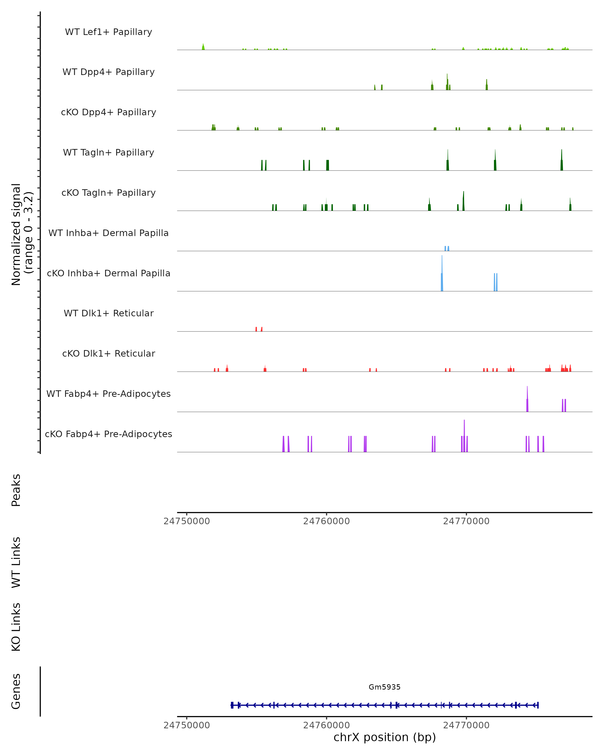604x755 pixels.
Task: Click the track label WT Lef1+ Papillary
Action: (x=108, y=32)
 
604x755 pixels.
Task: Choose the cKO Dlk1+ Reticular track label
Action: (x=108, y=353)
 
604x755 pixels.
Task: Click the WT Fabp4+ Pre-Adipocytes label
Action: (x=108, y=394)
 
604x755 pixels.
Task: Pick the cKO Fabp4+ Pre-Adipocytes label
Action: (x=108, y=434)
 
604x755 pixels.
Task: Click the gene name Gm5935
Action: (x=385, y=687)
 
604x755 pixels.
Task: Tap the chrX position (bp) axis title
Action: (x=385, y=737)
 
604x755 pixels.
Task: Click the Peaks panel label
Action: (x=16, y=490)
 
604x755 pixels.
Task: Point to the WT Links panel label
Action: (x=16, y=562)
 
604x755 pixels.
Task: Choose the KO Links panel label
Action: (x=16, y=627)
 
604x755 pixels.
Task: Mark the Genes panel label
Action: (x=16, y=691)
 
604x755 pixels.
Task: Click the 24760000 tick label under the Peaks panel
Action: (x=326, y=521)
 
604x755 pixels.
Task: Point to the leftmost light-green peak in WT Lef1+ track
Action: (x=203, y=47)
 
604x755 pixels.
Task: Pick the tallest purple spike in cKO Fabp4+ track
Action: (x=464, y=436)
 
